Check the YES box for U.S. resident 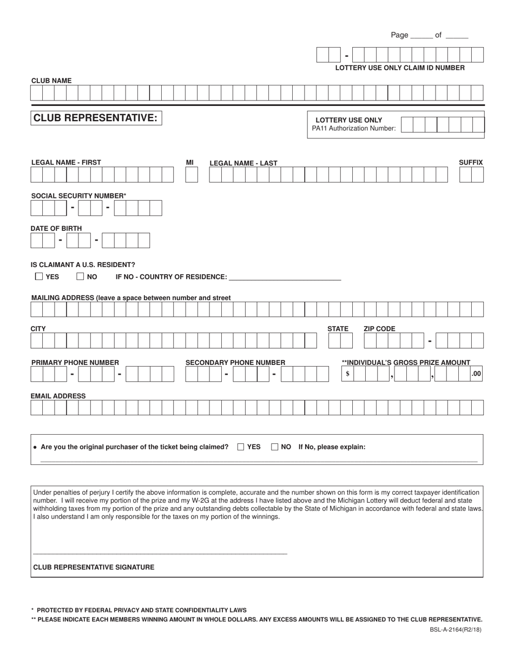pyautogui.click(x=38, y=276)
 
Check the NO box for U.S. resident pyautogui.click(x=80, y=276)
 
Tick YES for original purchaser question pyautogui.click(x=241, y=447)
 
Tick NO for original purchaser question pyautogui.click(x=275, y=447)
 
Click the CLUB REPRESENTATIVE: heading pyautogui.click(x=96, y=118)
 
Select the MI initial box pyautogui.click(x=192, y=175)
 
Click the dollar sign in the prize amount pyautogui.click(x=347, y=374)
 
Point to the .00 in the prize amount pyautogui.click(x=476, y=374)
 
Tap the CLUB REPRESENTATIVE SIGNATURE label pyautogui.click(x=94, y=567)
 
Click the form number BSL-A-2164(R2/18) pyautogui.click(x=453, y=629)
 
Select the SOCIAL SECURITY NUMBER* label pyautogui.click(x=79, y=196)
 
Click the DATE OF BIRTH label pyautogui.click(x=56, y=229)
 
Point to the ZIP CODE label pyautogui.click(x=379, y=329)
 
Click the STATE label pyautogui.click(x=338, y=329)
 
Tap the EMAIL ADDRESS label pyautogui.click(x=58, y=396)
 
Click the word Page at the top pyautogui.click(x=399, y=35)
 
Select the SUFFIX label pyautogui.click(x=471, y=162)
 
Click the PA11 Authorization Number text pyautogui.click(x=353, y=129)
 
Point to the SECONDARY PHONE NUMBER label pyautogui.click(x=235, y=362)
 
